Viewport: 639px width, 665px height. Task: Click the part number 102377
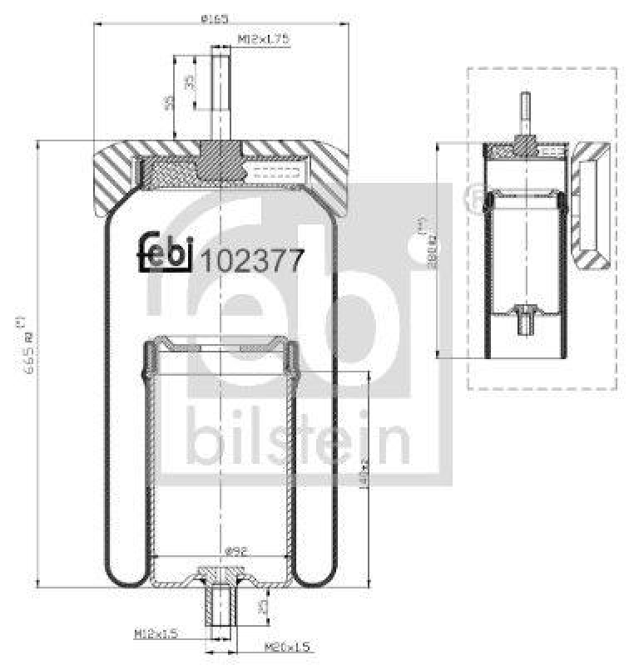(x=249, y=261)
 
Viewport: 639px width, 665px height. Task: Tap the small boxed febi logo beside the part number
(x=165, y=253)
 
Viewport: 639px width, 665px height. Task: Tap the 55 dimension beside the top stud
(x=169, y=101)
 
